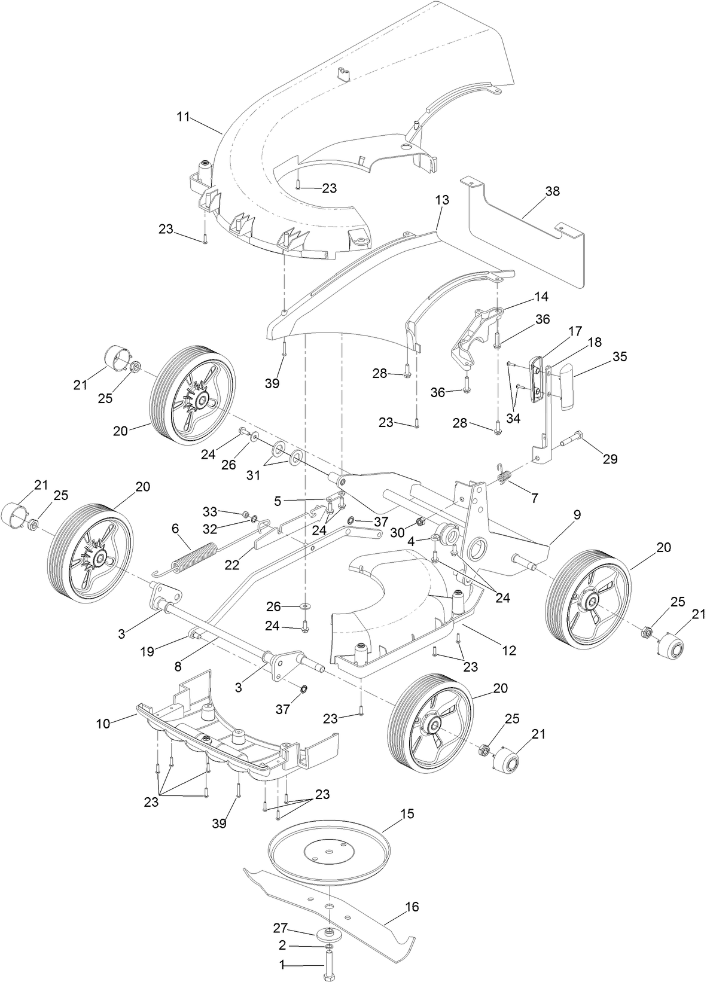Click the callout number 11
tap(183, 116)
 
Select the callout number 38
tap(552, 191)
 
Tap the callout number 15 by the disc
tap(407, 814)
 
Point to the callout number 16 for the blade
tap(412, 907)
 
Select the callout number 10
tap(103, 724)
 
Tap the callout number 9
tap(577, 514)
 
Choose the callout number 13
tap(442, 200)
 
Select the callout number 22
tap(231, 564)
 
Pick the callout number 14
tap(541, 297)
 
